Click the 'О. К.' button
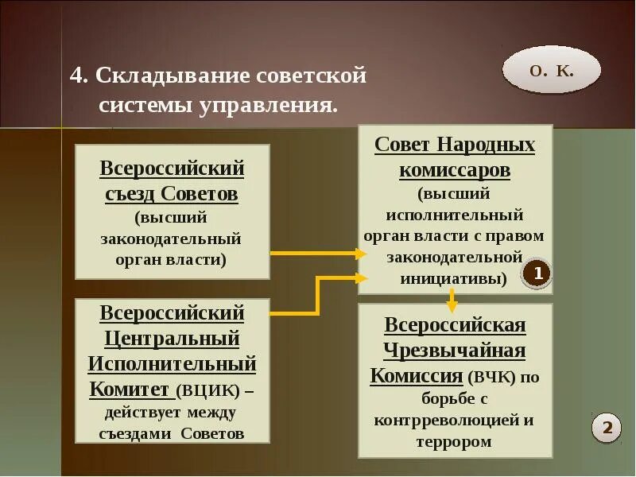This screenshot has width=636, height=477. [x=551, y=70]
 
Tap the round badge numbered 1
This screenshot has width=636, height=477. [x=537, y=274]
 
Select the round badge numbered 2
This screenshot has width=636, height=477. [x=607, y=428]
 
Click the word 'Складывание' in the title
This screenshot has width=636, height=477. [x=170, y=76]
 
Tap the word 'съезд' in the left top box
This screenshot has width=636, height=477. [x=131, y=193]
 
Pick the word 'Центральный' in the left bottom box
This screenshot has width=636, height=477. [x=173, y=339]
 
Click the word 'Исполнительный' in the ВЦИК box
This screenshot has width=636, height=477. [x=173, y=364]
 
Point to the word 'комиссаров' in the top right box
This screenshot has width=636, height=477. [x=455, y=170]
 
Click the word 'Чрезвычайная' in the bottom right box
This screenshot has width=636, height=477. [x=455, y=351]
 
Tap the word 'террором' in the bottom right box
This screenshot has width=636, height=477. [x=455, y=442]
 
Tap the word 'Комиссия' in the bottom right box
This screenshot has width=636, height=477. [x=417, y=376]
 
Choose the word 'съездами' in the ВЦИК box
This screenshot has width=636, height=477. [x=136, y=433]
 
